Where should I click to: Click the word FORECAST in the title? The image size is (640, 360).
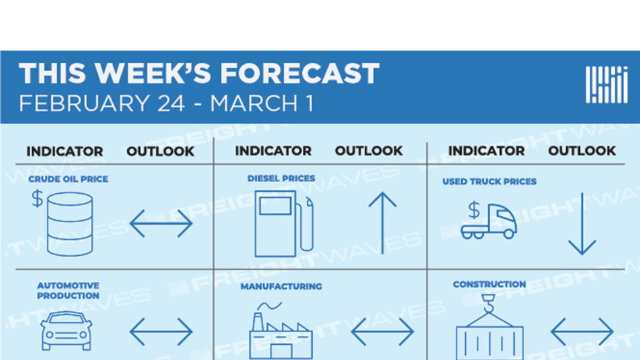[300, 73]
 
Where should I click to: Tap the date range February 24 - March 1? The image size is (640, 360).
[166, 103]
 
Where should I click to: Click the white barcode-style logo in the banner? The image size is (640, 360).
[606, 84]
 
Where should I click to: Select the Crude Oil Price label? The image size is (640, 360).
[68, 179]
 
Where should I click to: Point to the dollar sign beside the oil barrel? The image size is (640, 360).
[37, 198]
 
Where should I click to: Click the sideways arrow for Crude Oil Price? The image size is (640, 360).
[161, 224]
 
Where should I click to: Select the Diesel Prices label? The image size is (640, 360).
[281, 178]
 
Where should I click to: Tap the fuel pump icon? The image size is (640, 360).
[284, 224]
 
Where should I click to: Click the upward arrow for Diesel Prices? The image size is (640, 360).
[383, 223]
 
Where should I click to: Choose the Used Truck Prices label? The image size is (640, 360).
[490, 181]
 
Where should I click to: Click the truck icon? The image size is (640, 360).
[489, 221]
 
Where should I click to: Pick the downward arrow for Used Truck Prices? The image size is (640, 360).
[582, 224]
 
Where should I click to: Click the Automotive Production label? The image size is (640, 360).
[68, 290]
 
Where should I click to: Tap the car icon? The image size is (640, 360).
[67, 330]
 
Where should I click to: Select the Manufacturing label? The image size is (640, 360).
[281, 287]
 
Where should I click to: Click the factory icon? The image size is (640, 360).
[281, 330]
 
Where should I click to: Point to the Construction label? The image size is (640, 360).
[490, 284]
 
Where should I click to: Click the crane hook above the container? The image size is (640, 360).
[488, 304]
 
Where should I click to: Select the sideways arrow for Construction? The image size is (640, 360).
[582, 332]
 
